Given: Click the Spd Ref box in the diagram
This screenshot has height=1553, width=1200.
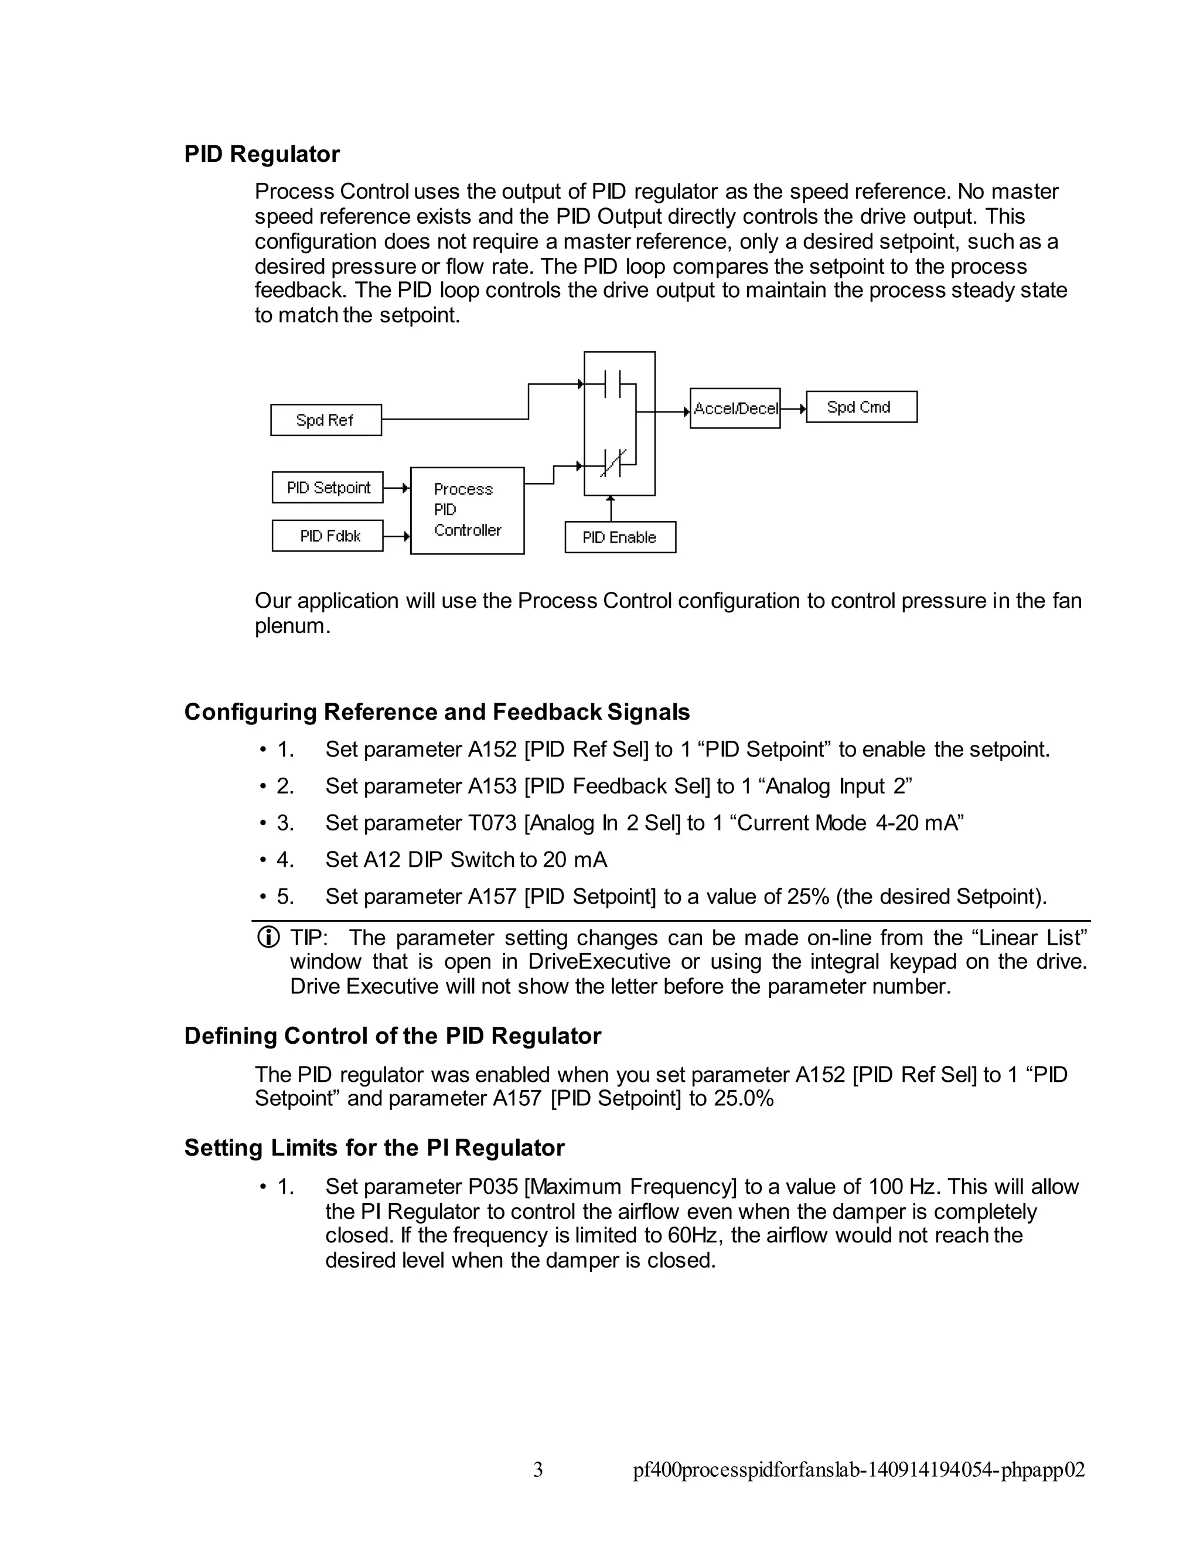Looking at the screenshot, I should pyautogui.click(x=326, y=420).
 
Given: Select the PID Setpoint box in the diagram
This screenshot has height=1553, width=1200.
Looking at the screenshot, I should pyautogui.click(x=328, y=487).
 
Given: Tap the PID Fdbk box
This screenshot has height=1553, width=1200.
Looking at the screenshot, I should pyautogui.click(x=328, y=536).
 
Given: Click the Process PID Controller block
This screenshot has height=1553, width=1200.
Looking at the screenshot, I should pyautogui.click(x=467, y=510).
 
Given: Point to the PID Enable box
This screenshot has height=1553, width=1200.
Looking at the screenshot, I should pyautogui.click(x=620, y=537).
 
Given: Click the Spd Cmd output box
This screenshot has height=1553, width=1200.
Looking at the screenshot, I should pyautogui.click(x=861, y=407).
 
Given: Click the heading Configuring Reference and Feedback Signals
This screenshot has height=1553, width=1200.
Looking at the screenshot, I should pyautogui.click(x=437, y=712).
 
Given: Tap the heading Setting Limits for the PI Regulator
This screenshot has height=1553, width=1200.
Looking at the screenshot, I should pyautogui.click(x=374, y=1147).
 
